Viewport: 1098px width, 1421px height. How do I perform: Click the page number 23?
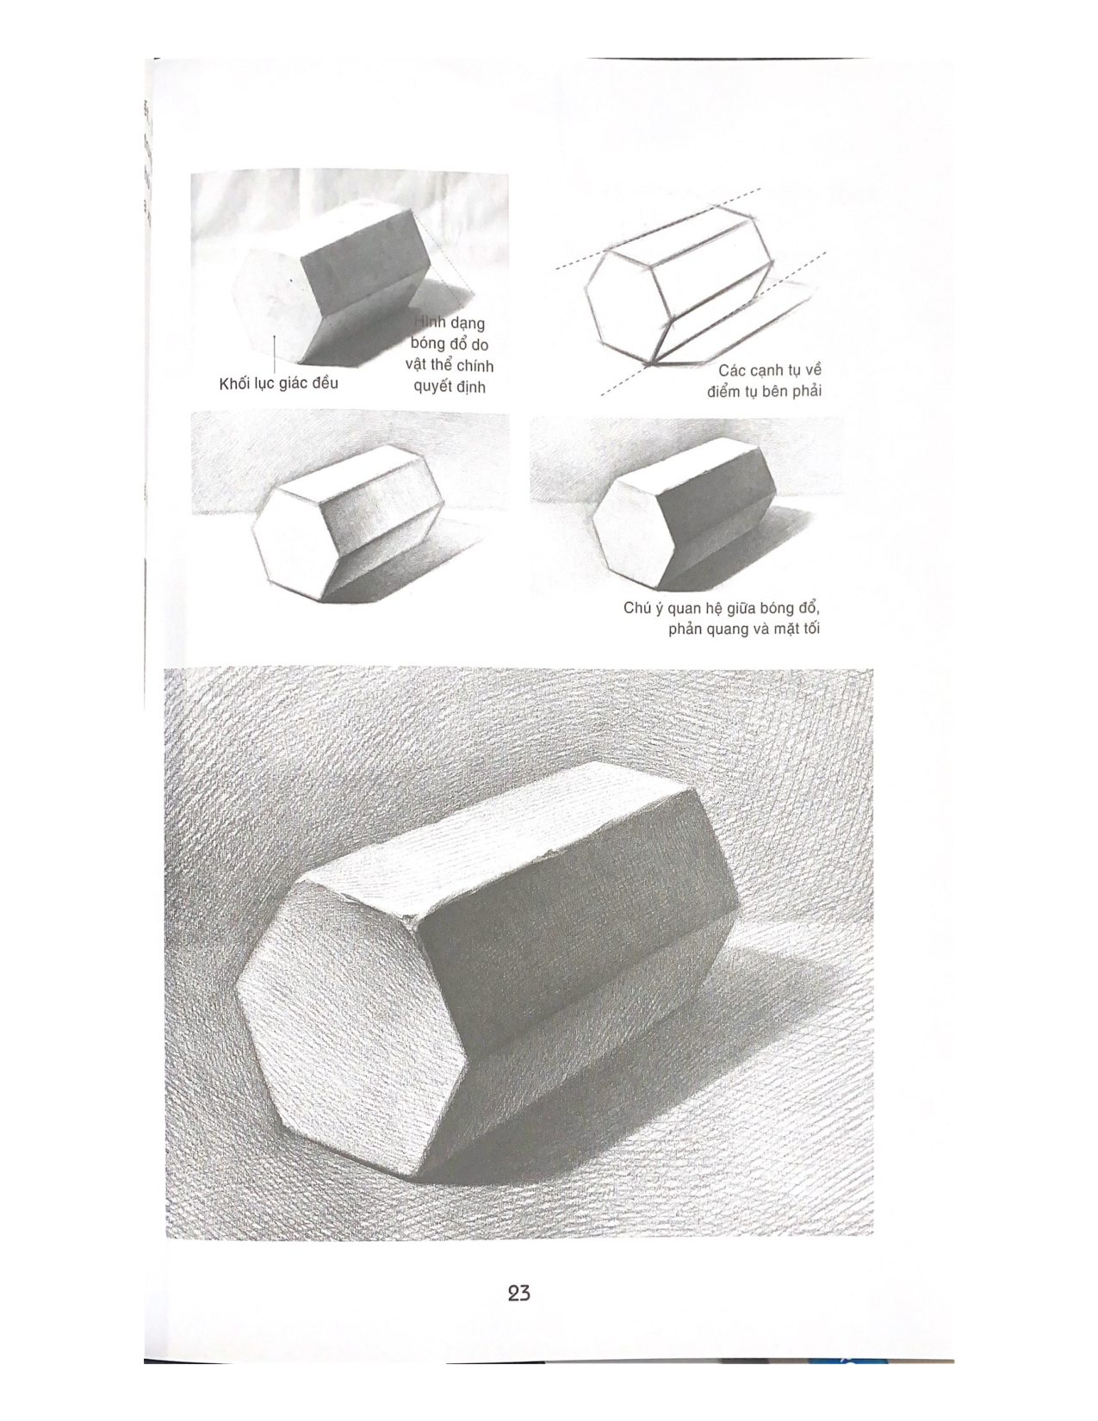pos(518,1293)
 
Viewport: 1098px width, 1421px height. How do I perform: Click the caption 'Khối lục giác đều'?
pos(278,383)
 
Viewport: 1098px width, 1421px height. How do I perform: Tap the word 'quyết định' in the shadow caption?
pos(450,387)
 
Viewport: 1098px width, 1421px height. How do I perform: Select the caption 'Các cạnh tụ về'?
pos(770,370)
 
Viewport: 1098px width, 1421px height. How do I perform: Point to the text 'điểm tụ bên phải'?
pos(764,392)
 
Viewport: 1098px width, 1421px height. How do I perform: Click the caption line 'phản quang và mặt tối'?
pos(743,630)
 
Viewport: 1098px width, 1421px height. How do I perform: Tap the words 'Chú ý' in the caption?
pos(643,608)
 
